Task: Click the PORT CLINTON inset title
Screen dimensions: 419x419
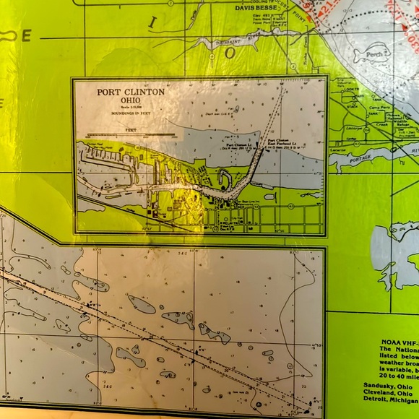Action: pos(131,92)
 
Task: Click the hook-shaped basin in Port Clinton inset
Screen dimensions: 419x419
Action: pos(225,178)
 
